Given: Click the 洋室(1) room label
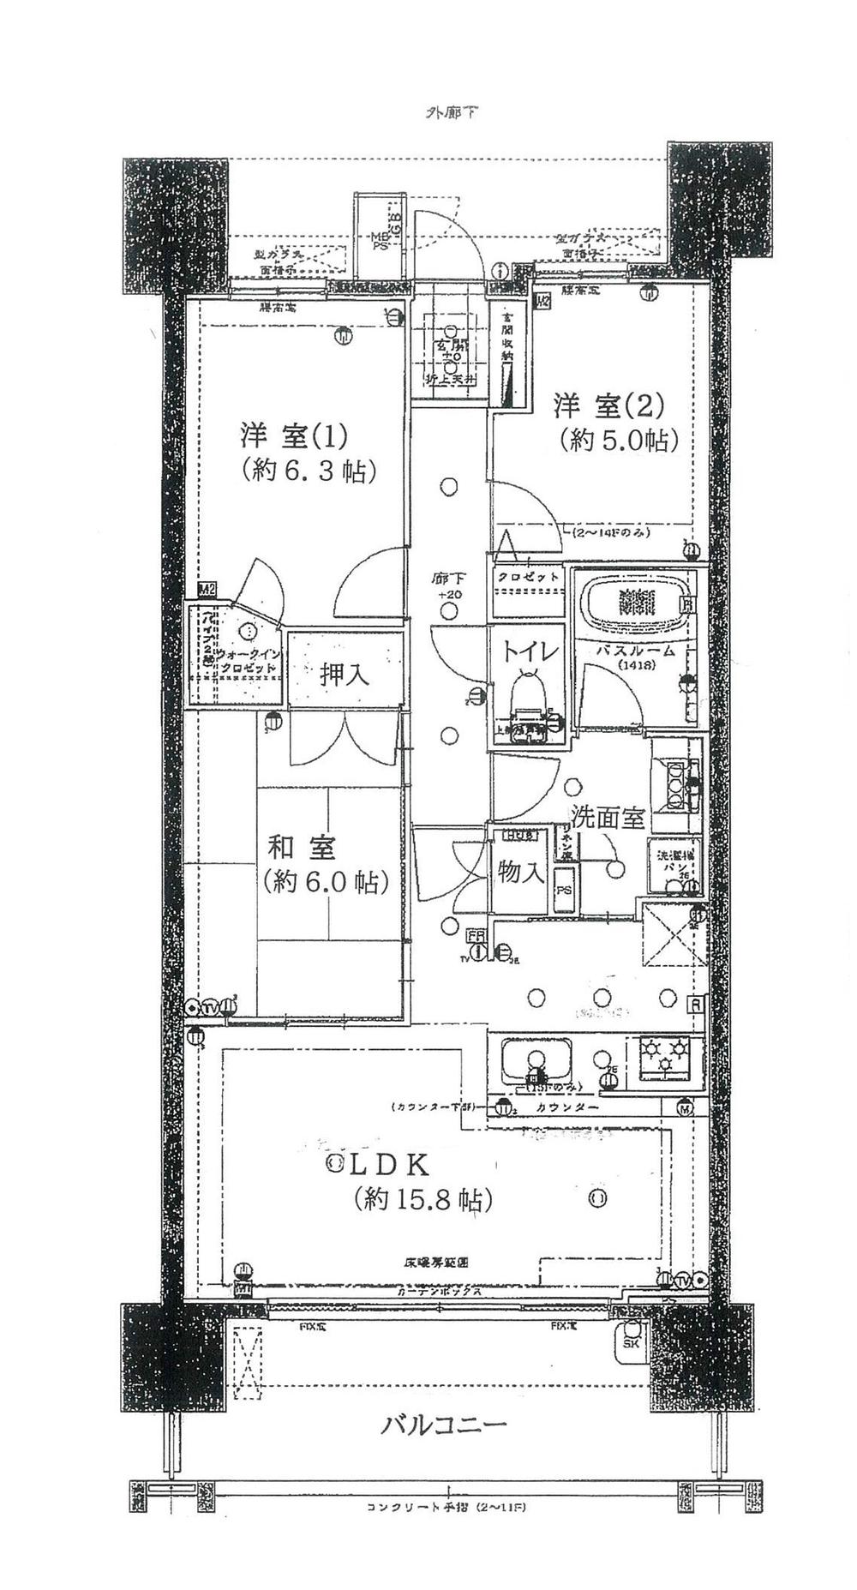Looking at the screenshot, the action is [x=293, y=437].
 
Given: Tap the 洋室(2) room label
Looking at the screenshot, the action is [x=608, y=404].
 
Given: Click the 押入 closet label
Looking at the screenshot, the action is [x=345, y=675].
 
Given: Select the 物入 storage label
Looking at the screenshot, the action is [x=521, y=872].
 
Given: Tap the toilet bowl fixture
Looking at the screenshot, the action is [x=527, y=696].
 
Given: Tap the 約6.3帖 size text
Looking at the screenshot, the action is [x=309, y=471].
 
